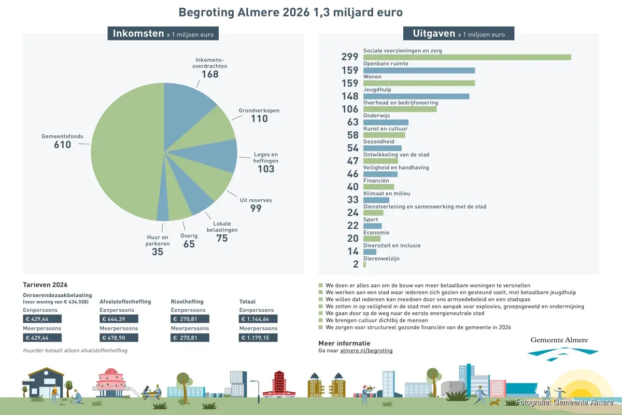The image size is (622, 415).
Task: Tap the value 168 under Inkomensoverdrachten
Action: pyautogui.click(x=210, y=74)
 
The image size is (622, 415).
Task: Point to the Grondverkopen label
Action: pyautogui.click(x=259, y=110)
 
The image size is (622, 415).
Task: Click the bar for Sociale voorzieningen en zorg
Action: pyautogui.click(x=466, y=57)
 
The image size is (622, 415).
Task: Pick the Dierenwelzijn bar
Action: pyautogui.click(x=364, y=265)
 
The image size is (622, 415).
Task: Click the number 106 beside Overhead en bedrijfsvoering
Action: pyautogui.click(x=350, y=109)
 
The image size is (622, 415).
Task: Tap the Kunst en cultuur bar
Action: pyautogui.click(x=384, y=135)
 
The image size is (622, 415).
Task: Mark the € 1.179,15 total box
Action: pyautogui.click(x=258, y=338)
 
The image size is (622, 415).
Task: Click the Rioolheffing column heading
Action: pyautogui.click(x=187, y=301)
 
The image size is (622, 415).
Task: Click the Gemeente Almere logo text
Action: pyautogui.click(x=559, y=340)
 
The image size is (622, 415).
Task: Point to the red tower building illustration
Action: pyautogui.click(x=279, y=384)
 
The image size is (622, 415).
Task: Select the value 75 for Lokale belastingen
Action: pyautogui.click(x=222, y=239)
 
